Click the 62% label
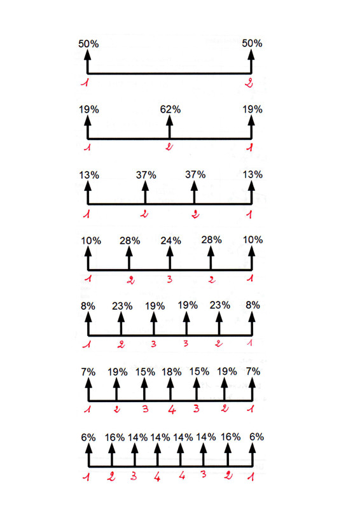170,109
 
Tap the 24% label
170,241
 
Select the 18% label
170,372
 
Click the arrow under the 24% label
169,257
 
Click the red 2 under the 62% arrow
169,148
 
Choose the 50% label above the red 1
88,44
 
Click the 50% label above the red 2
252,43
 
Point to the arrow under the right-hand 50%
251,61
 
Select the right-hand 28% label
211,240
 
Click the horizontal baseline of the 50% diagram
169,73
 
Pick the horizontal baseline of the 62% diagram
127,139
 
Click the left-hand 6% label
88,437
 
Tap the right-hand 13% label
252,175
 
